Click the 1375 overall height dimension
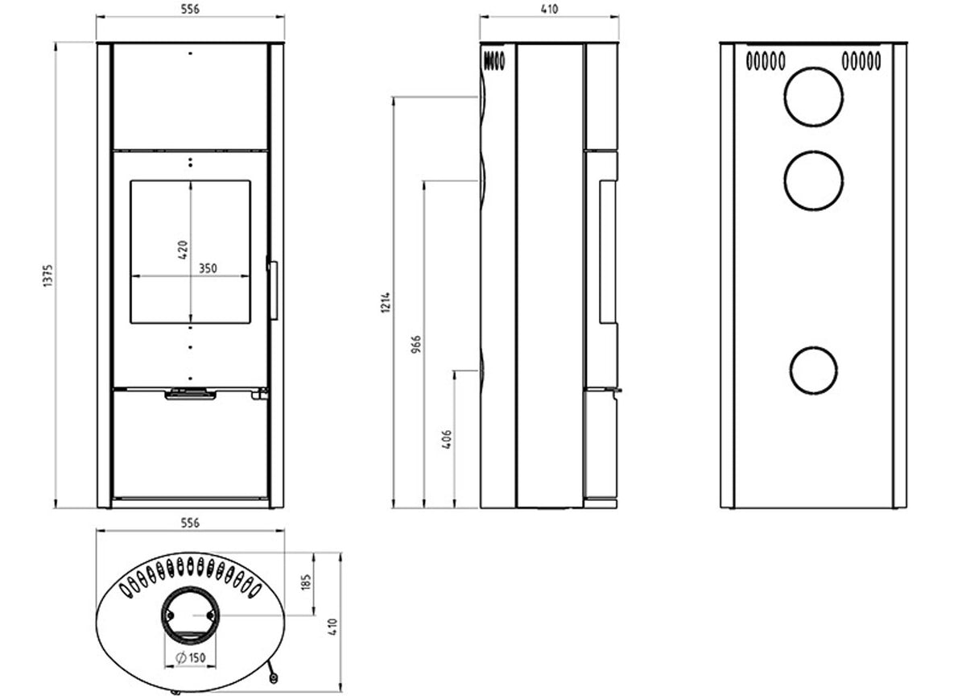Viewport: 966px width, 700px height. [x=47, y=275]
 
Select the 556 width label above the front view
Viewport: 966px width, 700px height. [x=190, y=10]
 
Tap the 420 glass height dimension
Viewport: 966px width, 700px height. [x=183, y=250]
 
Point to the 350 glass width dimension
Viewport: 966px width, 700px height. [x=208, y=268]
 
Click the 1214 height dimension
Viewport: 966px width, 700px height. [x=386, y=302]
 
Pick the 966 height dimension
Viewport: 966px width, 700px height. [x=415, y=345]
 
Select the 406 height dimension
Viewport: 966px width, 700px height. [x=447, y=439]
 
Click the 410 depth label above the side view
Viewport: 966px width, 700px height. [x=549, y=9]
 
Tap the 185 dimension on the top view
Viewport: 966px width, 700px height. [x=306, y=582]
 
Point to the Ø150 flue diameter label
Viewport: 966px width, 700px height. [x=190, y=657]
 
